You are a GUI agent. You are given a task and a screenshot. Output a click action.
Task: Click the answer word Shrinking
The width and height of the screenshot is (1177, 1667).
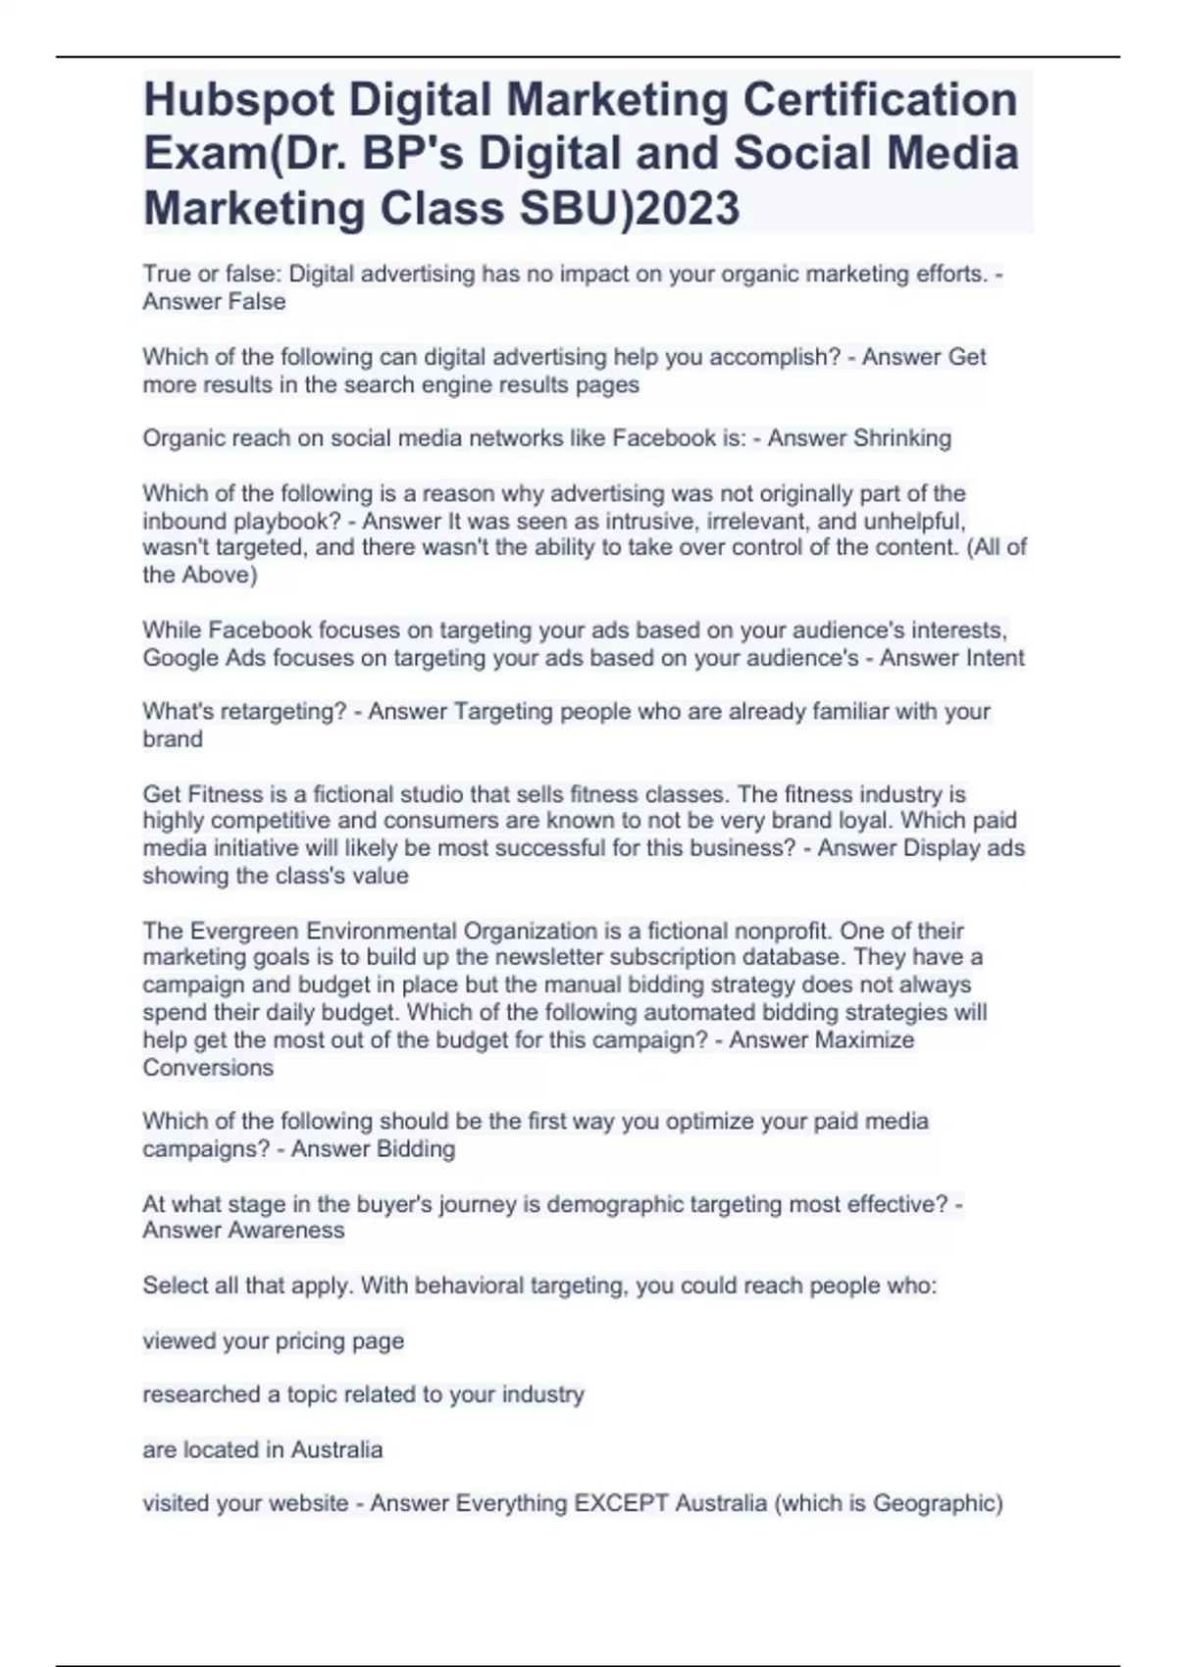click(x=902, y=438)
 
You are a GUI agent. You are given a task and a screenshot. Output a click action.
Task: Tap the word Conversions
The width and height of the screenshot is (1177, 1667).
click(x=208, y=1067)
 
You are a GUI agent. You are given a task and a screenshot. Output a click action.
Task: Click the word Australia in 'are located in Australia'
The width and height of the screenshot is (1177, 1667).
click(x=336, y=1448)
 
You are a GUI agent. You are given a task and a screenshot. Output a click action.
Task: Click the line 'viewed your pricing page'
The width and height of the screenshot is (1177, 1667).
click(x=274, y=1340)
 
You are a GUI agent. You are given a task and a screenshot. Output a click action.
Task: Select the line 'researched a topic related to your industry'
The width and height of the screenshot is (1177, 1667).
click(x=363, y=1394)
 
